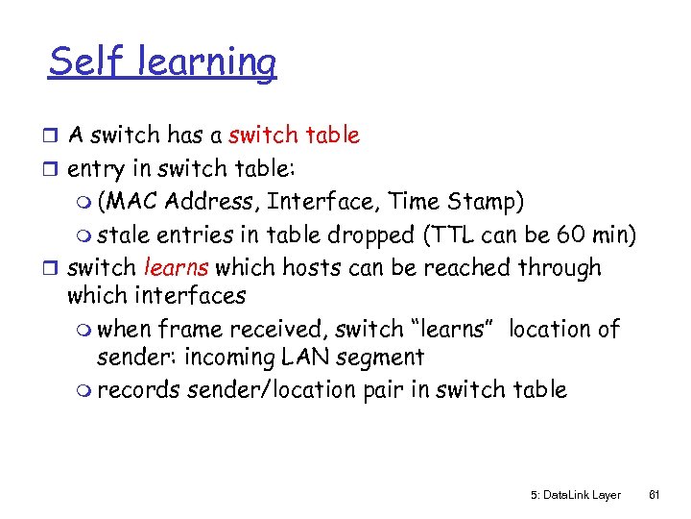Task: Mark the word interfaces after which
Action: tap(190, 296)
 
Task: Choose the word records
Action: tap(139, 390)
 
